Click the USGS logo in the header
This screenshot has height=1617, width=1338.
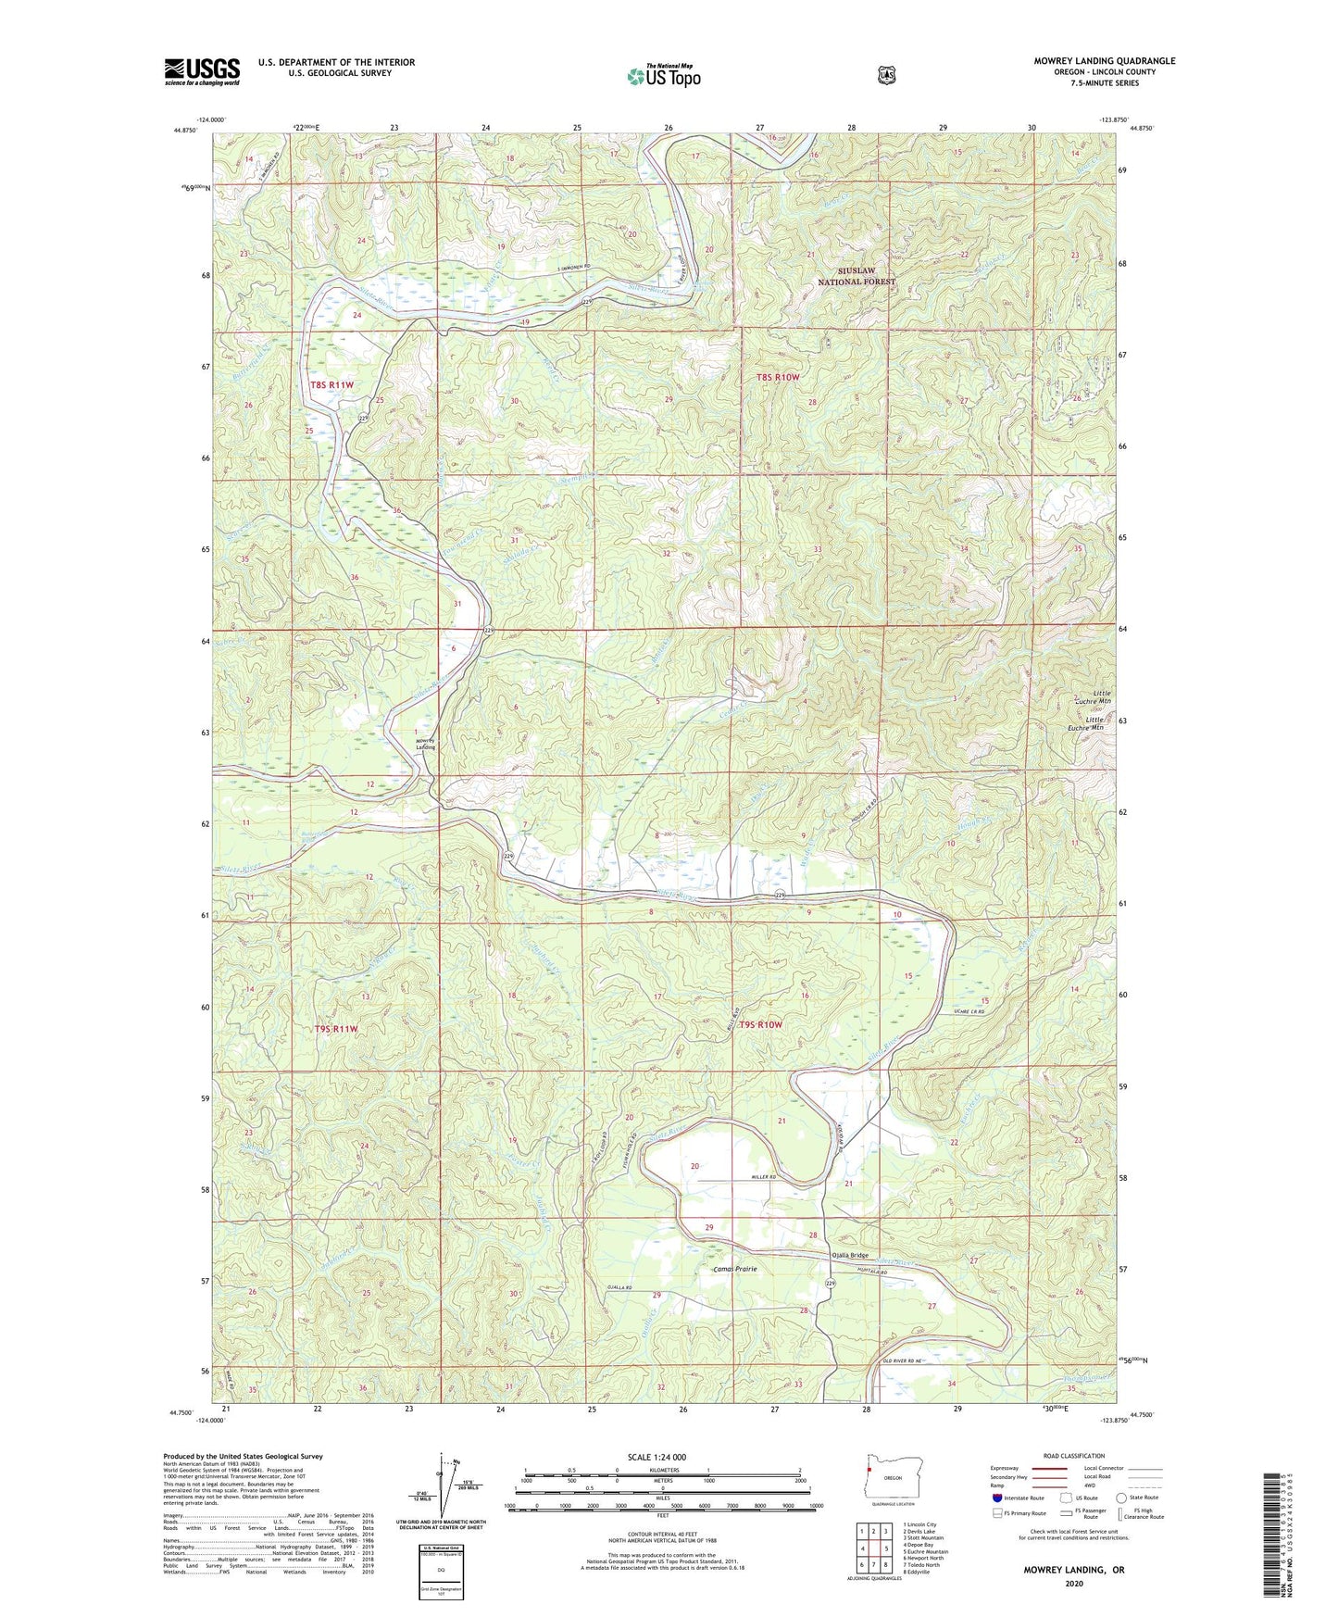pyautogui.click(x=202, y=71)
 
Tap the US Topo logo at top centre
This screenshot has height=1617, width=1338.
pyautogui.click(x=662, y=76)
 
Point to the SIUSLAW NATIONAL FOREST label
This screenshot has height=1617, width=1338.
pyautogui.click(x=857, y=275)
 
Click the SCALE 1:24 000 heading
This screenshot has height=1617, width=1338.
pyautogui.click(x=656, y=1457)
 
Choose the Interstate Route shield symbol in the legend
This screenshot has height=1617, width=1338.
pyautogui.click(x=995, y=1497)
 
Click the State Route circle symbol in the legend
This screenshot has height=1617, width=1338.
pyautogui.click(x=1120, y=1497)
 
